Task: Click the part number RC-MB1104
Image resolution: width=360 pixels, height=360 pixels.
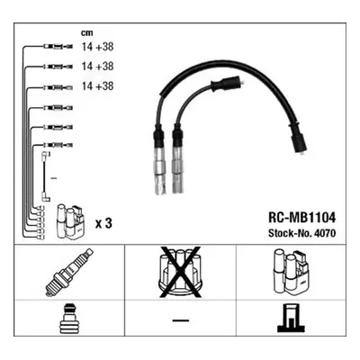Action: pyautogui.click(x=301, y=218)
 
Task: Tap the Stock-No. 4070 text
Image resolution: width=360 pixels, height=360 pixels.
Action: pyautogui.click(x=301, y=233)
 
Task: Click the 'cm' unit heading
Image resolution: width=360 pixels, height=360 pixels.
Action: pyautogui.click(x=87, y=33)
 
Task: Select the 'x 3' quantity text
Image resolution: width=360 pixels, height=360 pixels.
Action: pyautogui.click(x=103, y=223)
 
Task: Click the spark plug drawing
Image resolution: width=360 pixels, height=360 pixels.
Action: pyautogui.click(x=68, y=273)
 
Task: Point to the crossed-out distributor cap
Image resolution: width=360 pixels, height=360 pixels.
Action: pyautogui.click(x=180, y=273)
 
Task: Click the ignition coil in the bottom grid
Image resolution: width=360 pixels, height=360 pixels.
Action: pyautogui.click(x=291, y=271)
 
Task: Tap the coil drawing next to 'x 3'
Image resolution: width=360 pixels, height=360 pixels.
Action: pyautogui.click(x=71, y=222)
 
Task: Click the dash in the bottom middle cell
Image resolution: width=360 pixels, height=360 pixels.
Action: pyautogui.click(x=181, y=320)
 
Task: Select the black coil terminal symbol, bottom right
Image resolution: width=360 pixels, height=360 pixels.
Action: pyautogui.click(x=291, y=318)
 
